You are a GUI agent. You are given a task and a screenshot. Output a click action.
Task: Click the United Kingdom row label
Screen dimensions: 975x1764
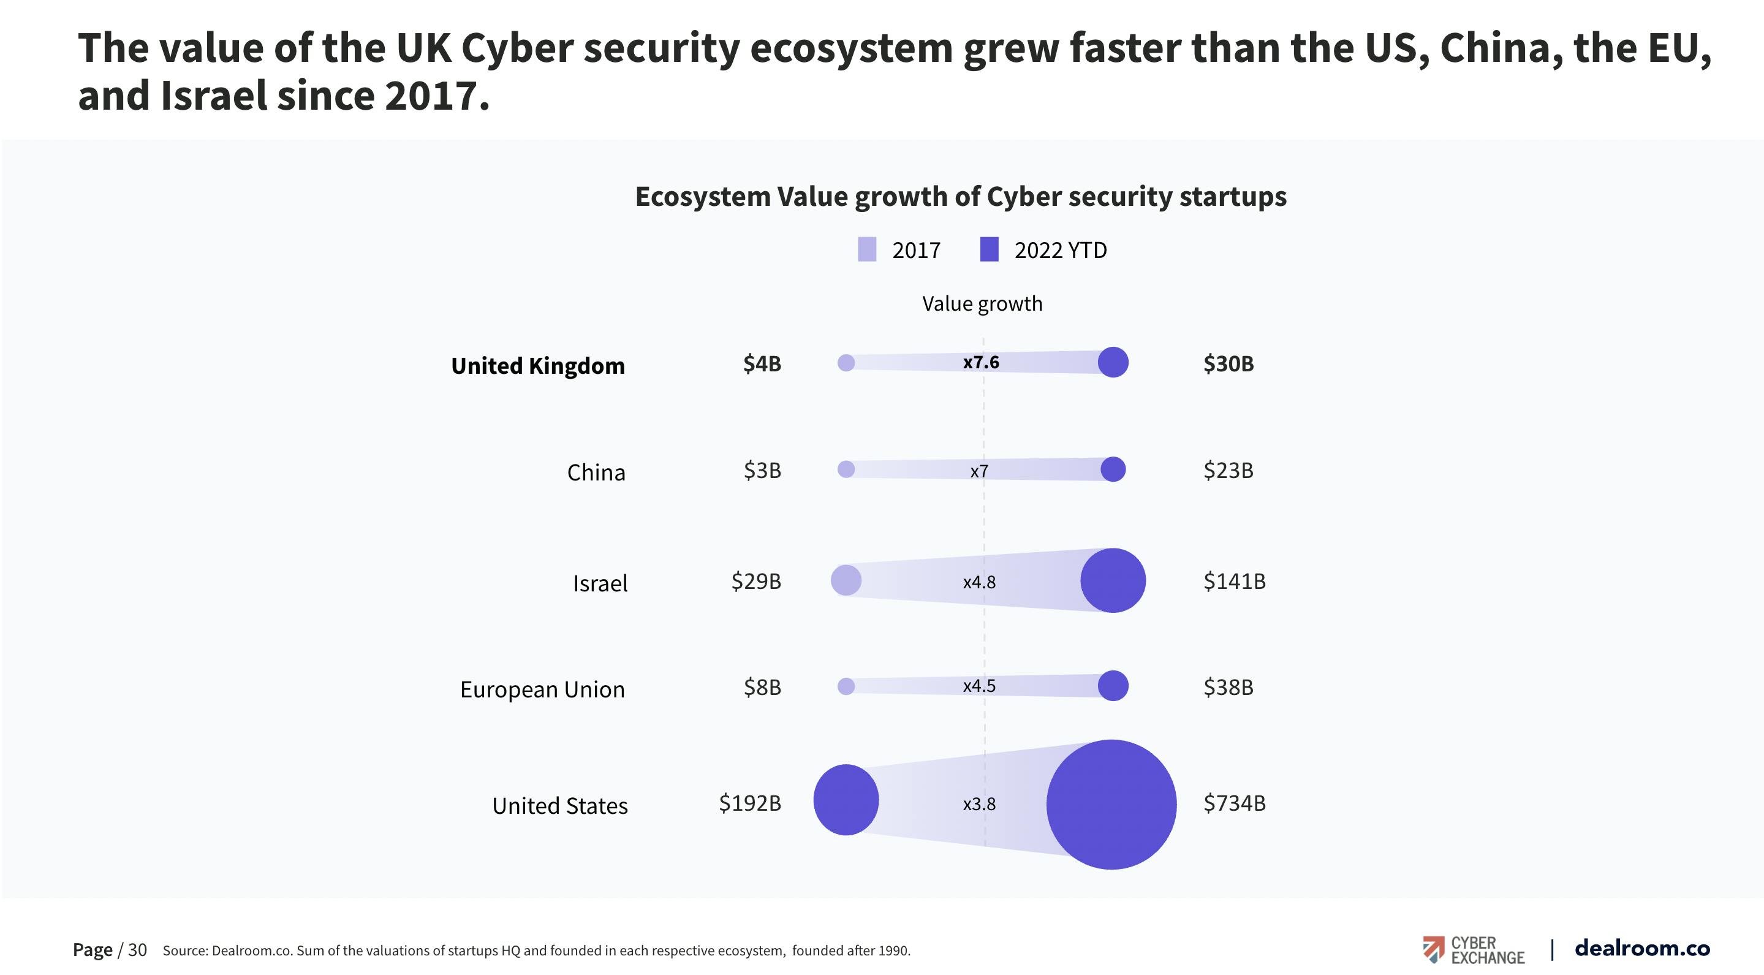pyautogui.click(x=537, y=366)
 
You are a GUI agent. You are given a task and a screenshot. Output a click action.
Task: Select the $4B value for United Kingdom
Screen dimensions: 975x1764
pyautogui.click(x=762, y=363)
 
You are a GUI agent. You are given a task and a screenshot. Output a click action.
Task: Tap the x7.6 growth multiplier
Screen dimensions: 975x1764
pyautogui.click(x=980, y=362)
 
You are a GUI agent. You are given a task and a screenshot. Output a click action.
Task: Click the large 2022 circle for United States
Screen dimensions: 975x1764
pyautogui.click(x=1111, y=805)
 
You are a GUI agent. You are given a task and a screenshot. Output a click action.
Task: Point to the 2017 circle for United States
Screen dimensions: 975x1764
pyautogui.click(x=846, y=800)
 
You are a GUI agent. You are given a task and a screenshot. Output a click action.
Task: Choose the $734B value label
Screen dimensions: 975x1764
pyautogui.click(x=1234, y=802)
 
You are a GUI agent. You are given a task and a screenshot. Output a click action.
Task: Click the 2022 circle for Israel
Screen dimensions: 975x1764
pyautogui.click(x=1113, y=580)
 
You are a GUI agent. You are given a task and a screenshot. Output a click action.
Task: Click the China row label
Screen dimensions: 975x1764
pyautogui.click(x=596, y=472)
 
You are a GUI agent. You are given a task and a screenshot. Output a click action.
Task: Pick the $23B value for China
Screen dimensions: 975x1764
pyautogui.click(x=1228, y=471)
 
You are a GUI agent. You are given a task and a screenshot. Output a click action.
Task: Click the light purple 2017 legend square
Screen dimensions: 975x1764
pyautogui.click(x=867, y=250)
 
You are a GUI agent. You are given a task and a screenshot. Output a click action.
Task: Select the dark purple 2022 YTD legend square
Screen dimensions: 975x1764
pyautogui.click(x=989, y=250)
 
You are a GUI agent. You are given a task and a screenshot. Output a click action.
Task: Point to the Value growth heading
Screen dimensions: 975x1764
pyautogui.click(x=982, y=303)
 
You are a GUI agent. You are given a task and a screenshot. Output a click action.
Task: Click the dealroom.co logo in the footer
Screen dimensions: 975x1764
pyautogui.click(x=1641, y=948)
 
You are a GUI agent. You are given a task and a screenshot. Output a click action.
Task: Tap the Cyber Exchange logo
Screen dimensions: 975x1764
pyautogui.click(x=1473, y=950)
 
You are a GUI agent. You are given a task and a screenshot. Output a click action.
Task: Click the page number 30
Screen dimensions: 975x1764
pyautogui.click(x=137, y=950)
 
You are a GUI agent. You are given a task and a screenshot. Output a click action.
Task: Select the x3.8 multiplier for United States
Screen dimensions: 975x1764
pyautogui.click(x=979, y=804)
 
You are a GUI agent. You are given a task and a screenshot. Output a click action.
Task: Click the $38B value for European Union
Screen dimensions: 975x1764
pyautogui.click(x=1228, y=687)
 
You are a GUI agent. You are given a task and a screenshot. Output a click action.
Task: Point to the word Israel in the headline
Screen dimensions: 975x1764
pyautogui.click(x=213, y=95)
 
